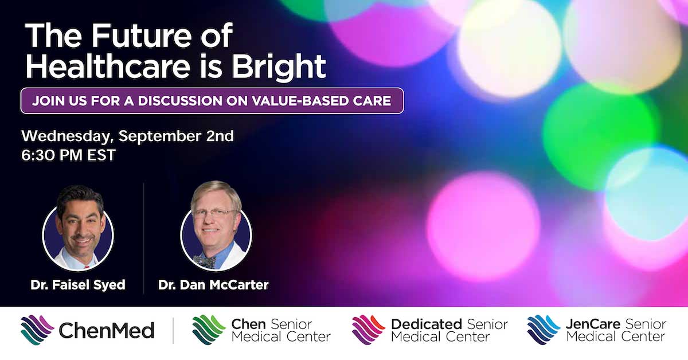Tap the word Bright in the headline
(278, 67)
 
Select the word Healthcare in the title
(108, 65)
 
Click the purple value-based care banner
(212, 101)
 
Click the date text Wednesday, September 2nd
(127, 136)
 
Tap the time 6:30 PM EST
(68, 155)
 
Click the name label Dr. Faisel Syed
(78, 285)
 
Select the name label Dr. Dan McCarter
(213, 285)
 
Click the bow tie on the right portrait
(205, 261)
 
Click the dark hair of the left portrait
(80, 197)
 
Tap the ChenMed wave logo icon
(37, 330)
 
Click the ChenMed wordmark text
(106, 331)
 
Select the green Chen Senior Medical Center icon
(209, 330)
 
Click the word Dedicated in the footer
(427, 324)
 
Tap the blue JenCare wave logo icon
(544, 330)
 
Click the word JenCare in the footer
(593, 324)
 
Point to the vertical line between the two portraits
(144, 238)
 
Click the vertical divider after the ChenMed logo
(173, 331)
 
